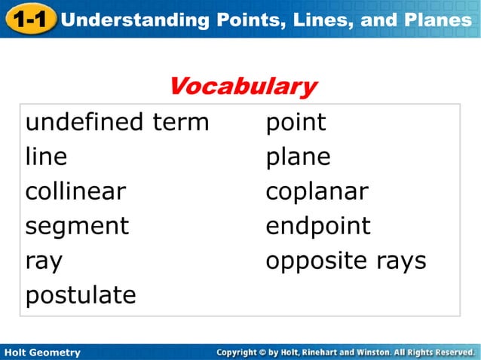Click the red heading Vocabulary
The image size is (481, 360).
click(x=242, y=86)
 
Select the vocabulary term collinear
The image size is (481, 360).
click(x=75, y=191)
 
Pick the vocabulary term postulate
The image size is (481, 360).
click(x=81, y=296)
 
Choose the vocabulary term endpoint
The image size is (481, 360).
click(x=317, y=227)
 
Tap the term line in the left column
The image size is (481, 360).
click(x=46, y=157)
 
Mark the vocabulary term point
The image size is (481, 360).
click(x=296, y=123)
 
